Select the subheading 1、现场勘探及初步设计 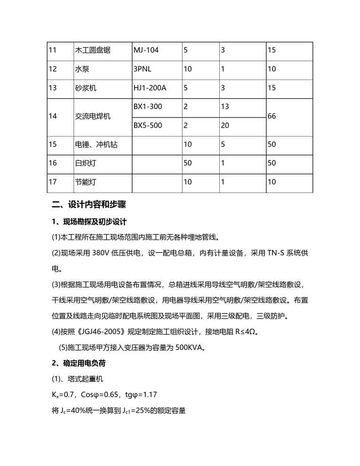click(89, 222)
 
